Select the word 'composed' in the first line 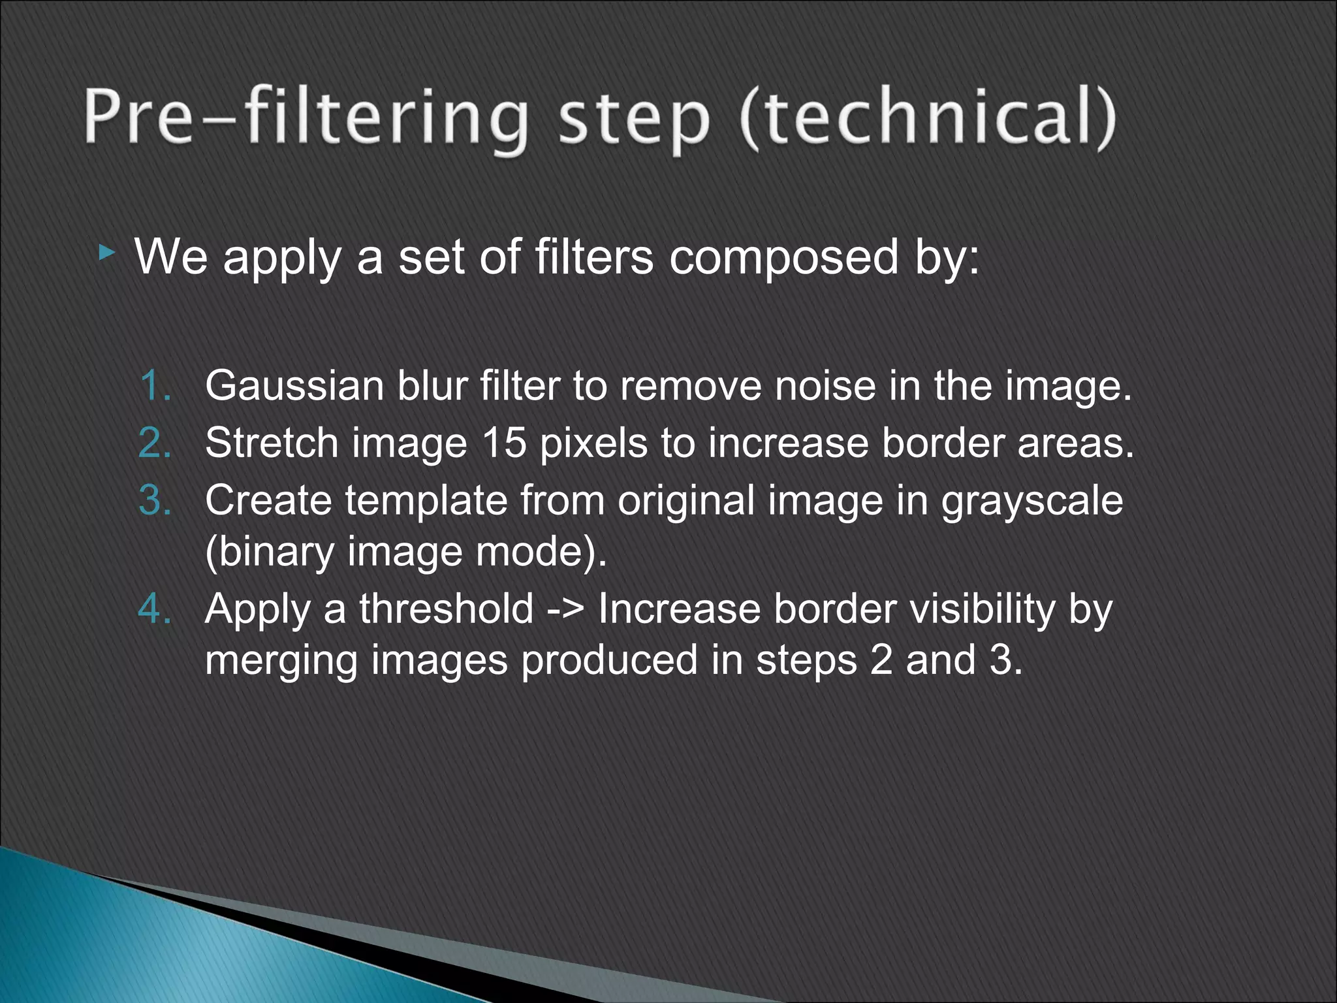(x=783, y=258)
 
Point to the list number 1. (x=155, y=385)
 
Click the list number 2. (x=155, y=443)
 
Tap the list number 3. (x=155, y=500)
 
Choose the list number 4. (x=155, y=609)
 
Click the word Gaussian (x=294, y=385)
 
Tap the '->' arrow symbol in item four (x=566, y=610)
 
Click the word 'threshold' (x=447, y=609)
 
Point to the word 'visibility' (x=983, y=610)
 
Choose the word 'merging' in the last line (x=281, y=661)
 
